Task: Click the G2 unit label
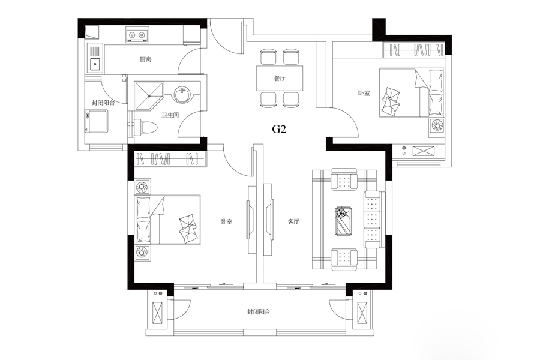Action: [279, 129]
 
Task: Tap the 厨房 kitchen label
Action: [145, 59]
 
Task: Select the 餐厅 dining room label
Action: [280, 78]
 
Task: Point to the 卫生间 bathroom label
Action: [170, 115]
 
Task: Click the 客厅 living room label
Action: [293, 221]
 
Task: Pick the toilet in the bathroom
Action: [146, 127]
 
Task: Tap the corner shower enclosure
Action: [149, 96]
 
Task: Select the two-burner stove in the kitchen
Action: [137, 35]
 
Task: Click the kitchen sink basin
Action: [95, 64]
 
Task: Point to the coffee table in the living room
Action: [344, 221]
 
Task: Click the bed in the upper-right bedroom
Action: [411, 92]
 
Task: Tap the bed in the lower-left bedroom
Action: [168, 220]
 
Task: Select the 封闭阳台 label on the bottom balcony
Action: [258, 312]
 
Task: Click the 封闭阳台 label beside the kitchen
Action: [103, 103]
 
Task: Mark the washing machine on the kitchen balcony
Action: [97, 121]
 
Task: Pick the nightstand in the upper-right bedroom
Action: [437, 125]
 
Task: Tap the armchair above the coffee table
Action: [344, 179]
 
